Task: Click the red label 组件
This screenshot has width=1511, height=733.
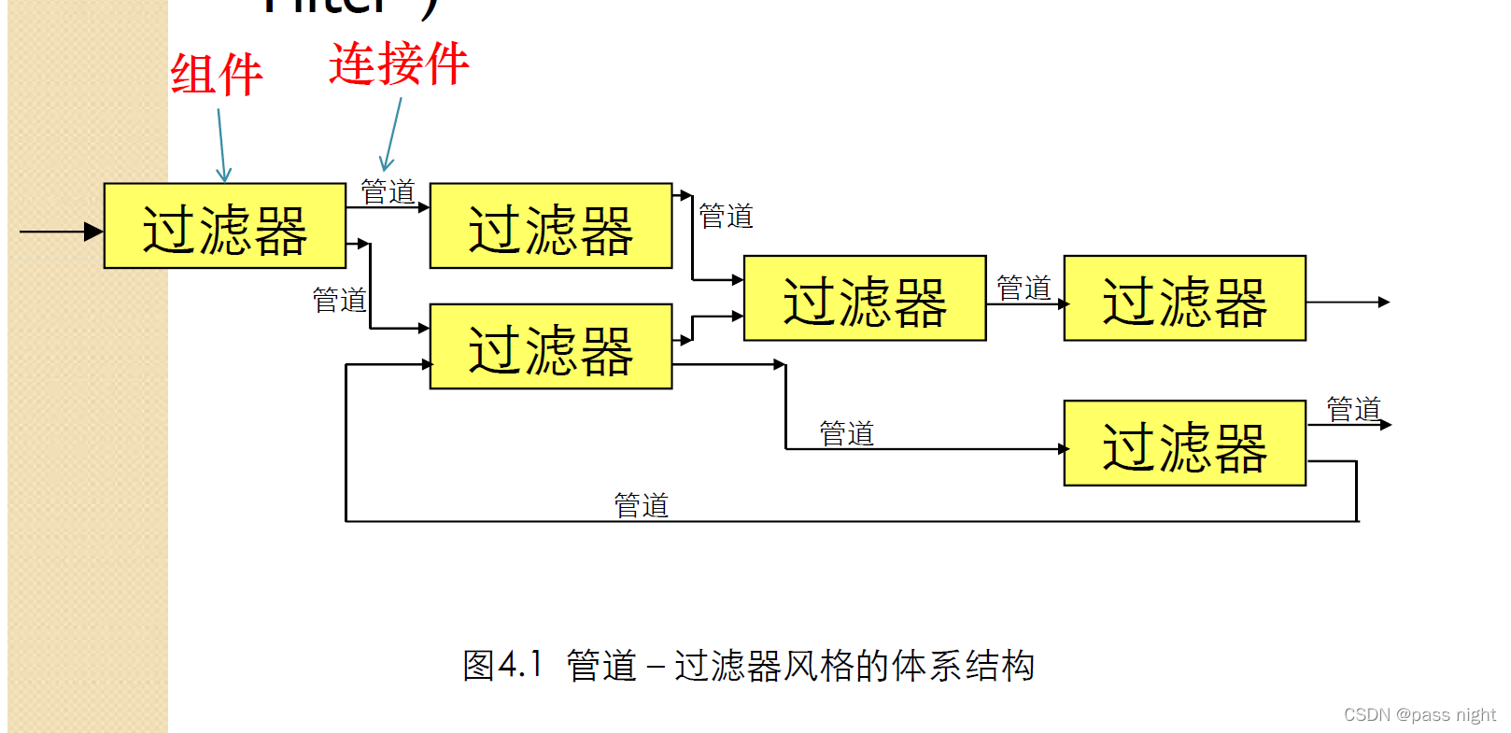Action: pos(216,76)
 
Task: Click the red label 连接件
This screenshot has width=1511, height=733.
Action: pos(399,64)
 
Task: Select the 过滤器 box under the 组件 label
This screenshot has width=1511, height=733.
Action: pos(224,226)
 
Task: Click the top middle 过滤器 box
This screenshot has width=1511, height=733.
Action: pos(550,226)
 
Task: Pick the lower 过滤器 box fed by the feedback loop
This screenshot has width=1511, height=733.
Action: pos(550,346)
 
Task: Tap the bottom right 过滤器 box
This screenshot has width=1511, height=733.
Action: pos(1184,444)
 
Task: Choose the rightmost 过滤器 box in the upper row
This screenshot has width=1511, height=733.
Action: pos(1184,299)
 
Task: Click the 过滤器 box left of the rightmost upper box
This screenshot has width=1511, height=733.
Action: pos(864,299)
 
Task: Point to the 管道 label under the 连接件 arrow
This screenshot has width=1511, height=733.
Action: pos(388,192)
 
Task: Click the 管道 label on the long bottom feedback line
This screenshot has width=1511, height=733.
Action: pos(641,506)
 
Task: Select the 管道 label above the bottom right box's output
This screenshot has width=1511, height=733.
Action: pos(1353,409)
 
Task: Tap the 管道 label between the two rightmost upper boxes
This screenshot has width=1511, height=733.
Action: pos(1024,289)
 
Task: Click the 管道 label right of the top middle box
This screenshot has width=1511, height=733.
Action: pos(726,217)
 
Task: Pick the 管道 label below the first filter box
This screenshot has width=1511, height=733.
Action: pos(339,301)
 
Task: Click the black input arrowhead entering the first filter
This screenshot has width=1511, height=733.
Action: pos(93,232)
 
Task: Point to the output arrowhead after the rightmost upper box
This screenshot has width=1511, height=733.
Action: pos(1384,303)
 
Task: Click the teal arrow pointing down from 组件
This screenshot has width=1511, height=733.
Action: pos(221,146)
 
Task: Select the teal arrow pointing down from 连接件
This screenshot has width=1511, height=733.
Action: pos(392,136)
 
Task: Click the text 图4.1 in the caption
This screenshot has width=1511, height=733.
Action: pos(502,666)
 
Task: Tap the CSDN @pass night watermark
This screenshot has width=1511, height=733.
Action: pos(1419,715)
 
